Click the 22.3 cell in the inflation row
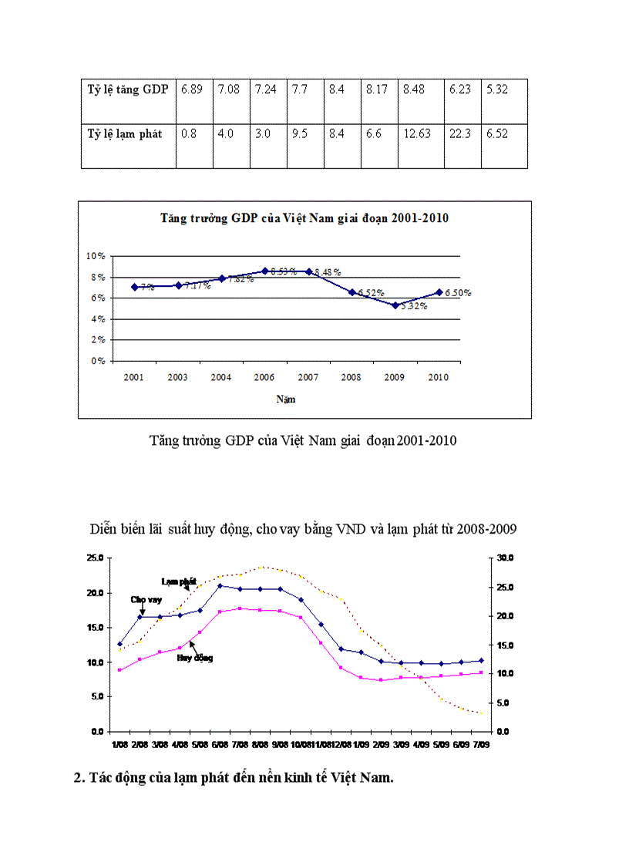pos(459,133)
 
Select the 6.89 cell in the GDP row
pos(191,89)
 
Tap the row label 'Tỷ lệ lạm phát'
pos(124,133)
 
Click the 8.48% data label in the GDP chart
pos(328,272)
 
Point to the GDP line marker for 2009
pos(395,305)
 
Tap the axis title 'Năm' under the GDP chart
pos(285,399)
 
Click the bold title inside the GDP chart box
pos(304,218)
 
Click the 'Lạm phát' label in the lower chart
pos(179,581)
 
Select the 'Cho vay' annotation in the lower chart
pos(146,599)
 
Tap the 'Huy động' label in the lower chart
pos(194,658)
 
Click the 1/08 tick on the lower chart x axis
pos(119,745)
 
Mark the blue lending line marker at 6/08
pos(220,586)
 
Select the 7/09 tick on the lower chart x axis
pos(481,745)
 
